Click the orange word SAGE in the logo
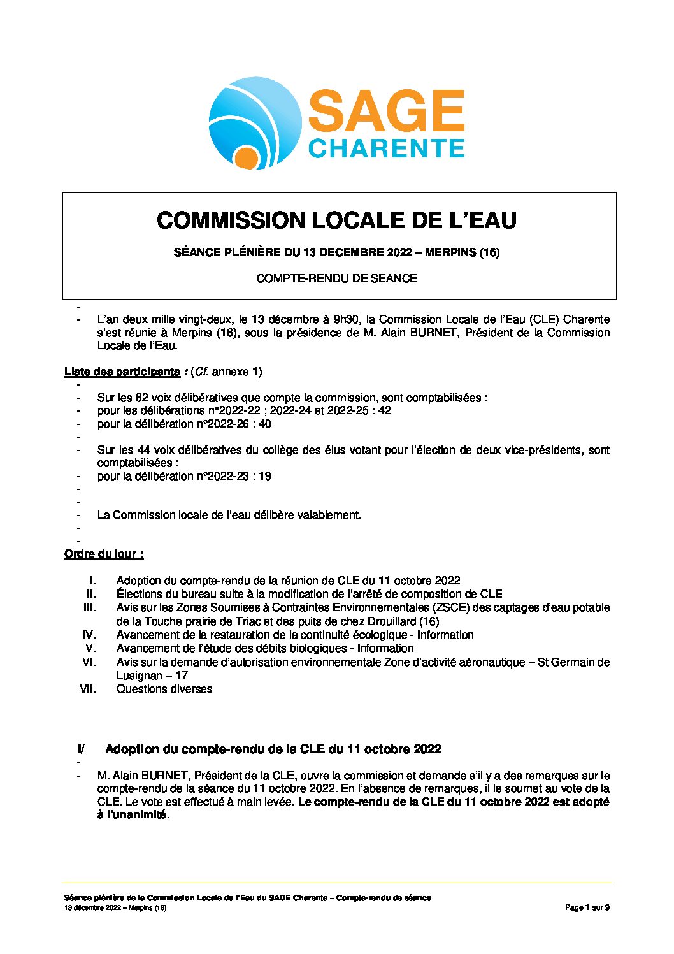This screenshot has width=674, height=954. tap(386, 111)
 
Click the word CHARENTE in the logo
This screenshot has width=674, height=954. tap(386, 148)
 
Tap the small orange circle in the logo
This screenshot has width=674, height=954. tap(245, 158)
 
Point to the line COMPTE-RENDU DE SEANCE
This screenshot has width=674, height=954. tap(336, 278)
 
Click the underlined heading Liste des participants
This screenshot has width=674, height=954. tap(122, 372)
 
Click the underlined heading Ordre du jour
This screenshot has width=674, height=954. tap(103, 554)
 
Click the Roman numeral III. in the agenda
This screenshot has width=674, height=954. tap(90, 607)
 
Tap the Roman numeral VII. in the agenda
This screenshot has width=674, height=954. tap(88, 689)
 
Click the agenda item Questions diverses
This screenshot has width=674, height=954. tap(164, 689)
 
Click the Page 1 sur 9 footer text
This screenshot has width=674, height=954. tap(587, 907)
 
